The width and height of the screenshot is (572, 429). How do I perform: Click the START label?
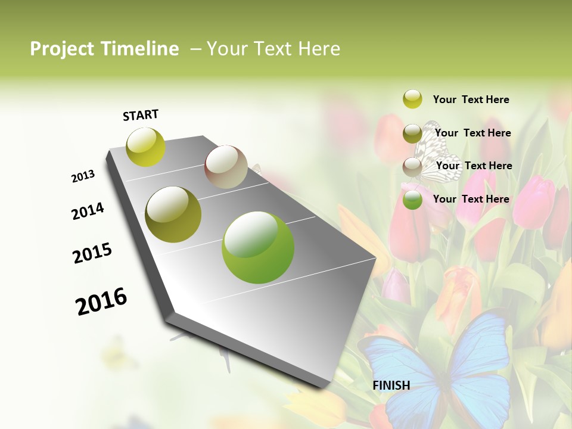141,115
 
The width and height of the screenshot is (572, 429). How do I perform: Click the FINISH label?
391,386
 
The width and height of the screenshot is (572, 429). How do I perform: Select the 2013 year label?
83,176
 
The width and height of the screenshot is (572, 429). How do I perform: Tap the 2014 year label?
88,211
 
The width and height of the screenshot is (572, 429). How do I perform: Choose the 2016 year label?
101,301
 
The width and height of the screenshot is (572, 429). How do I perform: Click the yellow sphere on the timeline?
146,147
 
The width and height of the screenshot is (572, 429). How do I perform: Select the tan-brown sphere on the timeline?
226,167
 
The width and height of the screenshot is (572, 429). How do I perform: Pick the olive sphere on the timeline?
173,214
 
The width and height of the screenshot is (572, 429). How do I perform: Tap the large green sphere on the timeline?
258,247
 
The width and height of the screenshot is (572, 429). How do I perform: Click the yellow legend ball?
412,99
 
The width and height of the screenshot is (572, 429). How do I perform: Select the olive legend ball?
412,133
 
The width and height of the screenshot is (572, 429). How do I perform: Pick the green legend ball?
412,200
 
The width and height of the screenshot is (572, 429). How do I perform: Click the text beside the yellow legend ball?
471,100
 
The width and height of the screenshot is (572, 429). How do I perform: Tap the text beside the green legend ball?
471,199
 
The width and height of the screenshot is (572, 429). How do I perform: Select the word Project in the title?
62,49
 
